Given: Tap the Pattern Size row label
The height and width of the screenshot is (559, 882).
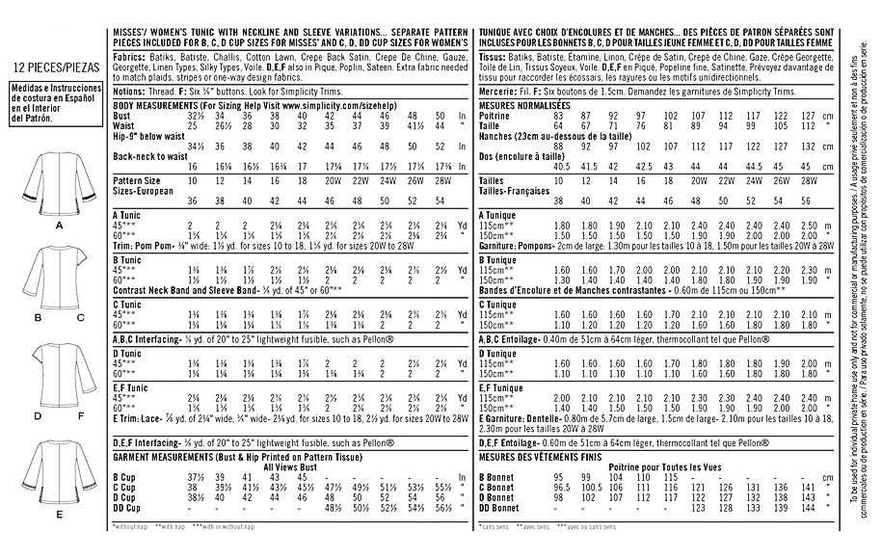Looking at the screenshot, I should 138,180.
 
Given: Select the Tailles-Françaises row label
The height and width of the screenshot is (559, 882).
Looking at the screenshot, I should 514,191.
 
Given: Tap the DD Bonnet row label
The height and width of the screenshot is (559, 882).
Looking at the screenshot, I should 499,507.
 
